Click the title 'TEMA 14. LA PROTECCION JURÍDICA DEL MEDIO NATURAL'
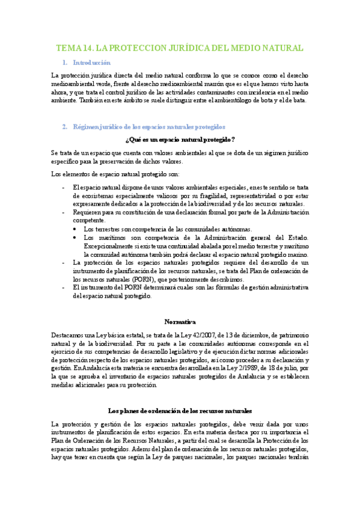(x=180, y=48)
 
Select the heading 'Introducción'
(x=91, y=63)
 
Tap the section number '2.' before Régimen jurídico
(x=64, y=127)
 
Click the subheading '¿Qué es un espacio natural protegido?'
(x=180, y=140)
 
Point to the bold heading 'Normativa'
(x=180, y=322)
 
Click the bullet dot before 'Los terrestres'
(x=75, y=229)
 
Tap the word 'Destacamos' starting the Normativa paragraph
(x=69, y=334)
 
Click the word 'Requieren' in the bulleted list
(x=88, y=212)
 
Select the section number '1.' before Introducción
(x=64, y=63)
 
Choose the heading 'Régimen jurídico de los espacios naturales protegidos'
(x=148, y=127)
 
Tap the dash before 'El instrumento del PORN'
(x=64, y=288)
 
